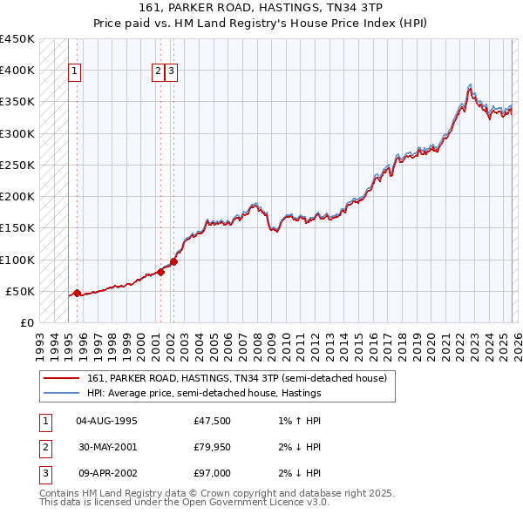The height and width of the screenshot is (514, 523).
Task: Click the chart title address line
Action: click(x=261, y=8)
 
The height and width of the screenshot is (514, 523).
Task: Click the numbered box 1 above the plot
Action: click(x=74, y=72)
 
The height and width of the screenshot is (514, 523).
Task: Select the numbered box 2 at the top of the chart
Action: click(x=158, y=72)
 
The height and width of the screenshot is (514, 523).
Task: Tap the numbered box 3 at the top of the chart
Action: click(x=171, y=72)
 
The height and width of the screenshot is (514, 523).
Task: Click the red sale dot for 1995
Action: click(x=77, y=294)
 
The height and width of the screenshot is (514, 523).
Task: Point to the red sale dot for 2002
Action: click(x=173, y=261)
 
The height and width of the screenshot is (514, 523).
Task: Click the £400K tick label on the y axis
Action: click(x=17, y=71)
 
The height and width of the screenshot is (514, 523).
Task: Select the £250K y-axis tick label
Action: click(x=17, y=166)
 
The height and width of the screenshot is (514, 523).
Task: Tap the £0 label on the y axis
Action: click(x=26, y=323)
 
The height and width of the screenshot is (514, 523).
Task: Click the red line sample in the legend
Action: click(x=62, y=378)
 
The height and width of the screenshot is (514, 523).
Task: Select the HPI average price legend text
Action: click(x=204, y=393)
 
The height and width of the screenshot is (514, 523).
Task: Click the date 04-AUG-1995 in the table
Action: click(x=106, y=422)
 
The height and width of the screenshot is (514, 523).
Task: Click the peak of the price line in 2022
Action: click(x=470, y=85)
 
